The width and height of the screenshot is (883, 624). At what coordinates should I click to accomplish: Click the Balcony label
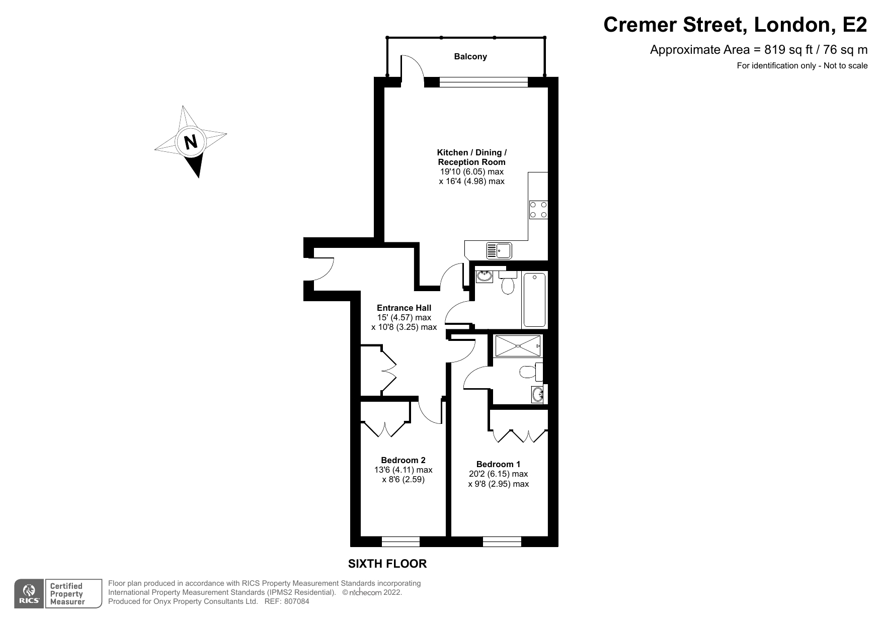[470, 56]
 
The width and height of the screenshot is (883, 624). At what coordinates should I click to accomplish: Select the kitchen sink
[499, 250]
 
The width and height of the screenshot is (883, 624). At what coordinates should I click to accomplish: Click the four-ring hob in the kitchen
[538, 210]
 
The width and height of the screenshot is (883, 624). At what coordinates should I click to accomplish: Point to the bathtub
[535, 300]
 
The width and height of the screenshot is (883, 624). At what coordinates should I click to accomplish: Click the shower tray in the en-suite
[518, 346]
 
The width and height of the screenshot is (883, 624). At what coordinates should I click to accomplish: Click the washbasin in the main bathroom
[485, 276]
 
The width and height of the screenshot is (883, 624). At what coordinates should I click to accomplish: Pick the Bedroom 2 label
[403, 460]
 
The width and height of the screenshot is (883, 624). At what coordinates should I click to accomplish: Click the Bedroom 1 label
[498, 464]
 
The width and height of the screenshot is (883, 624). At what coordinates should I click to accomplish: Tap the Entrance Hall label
[404, 308]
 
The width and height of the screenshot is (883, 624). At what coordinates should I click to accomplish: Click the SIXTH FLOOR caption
[387, 564]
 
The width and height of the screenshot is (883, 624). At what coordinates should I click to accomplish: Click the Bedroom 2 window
[400, 542]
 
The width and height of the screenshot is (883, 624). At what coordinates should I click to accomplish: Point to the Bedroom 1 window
[502, 542]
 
